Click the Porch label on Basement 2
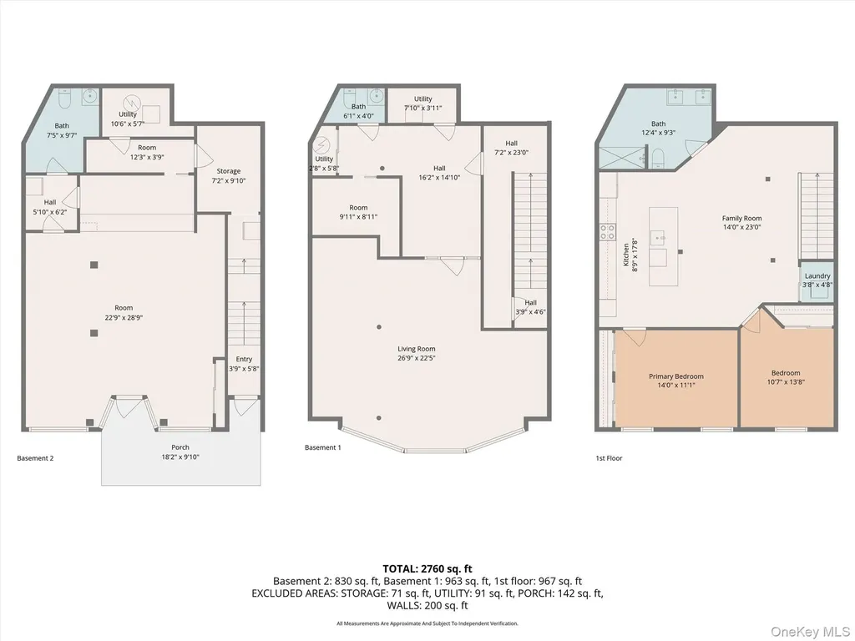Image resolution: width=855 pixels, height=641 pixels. click(180, 447)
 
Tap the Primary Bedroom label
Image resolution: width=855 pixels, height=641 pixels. click(676, 376)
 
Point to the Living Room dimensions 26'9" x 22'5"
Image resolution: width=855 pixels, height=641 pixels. click(416, 358)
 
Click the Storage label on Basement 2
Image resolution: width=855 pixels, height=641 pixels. click(228, 171)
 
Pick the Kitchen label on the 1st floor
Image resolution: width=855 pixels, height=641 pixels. click(625, 255)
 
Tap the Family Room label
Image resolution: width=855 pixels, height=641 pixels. click(741, 218)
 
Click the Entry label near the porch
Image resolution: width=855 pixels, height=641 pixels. click(244, 359)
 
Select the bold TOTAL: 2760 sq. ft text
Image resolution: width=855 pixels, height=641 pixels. click(427, 569)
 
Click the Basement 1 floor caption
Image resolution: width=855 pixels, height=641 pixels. click(323, 447)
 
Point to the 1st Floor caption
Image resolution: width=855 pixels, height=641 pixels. click(609, 458)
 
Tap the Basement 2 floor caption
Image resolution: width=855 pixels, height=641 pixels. click(35, 458)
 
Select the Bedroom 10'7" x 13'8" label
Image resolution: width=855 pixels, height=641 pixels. click(786, 377)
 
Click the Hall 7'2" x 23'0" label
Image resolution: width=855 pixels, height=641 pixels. click(511, 148)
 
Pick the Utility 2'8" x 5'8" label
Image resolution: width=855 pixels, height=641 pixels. click(324, 164)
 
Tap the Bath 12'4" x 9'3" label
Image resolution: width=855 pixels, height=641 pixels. click(658, 128)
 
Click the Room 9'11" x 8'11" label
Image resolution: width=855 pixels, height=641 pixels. click(358, 212)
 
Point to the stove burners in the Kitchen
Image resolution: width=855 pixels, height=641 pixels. click(608, 232)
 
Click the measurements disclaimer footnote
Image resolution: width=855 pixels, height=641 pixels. click(427, 623)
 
